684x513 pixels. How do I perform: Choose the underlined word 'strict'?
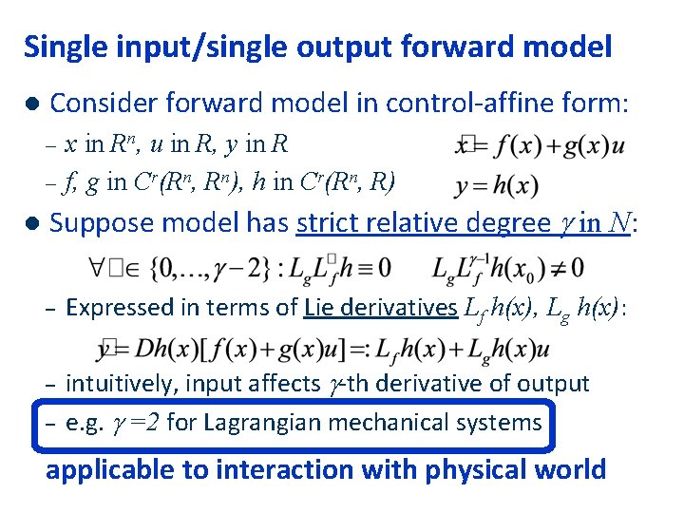pos(329,223)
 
